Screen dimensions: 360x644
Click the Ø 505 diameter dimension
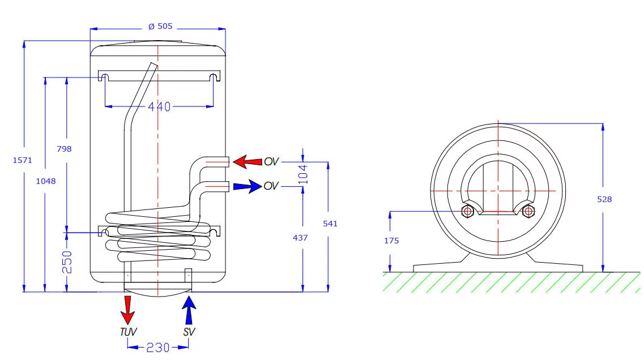(160, 26)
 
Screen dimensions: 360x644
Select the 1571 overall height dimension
(22, 160)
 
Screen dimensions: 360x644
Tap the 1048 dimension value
(49, 182)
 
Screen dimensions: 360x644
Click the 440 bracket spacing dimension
(159, 106)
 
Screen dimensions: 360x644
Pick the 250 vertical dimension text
(67, 262)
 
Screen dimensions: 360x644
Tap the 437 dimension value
(300, 238)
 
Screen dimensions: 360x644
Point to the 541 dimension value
(330, 224)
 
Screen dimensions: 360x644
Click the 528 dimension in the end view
(604, 199)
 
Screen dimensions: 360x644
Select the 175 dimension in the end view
(391, 241)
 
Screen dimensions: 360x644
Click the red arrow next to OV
(248, 161)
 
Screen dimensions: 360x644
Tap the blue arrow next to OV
(247, 186)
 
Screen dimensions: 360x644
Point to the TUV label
(128, 332)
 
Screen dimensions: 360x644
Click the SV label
(189, 332)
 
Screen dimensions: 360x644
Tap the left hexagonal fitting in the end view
(468, 212)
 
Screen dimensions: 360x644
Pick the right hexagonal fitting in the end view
(528, 212)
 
